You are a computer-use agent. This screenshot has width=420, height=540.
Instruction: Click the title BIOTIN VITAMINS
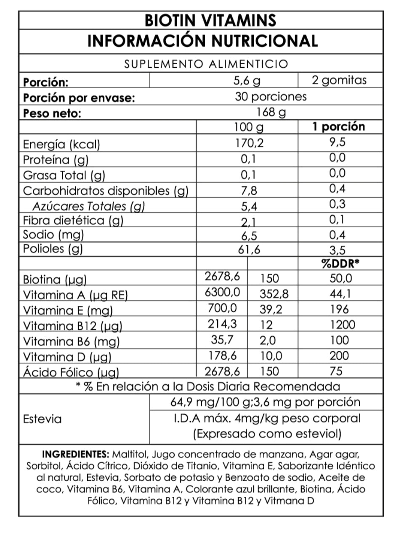coord(210,20)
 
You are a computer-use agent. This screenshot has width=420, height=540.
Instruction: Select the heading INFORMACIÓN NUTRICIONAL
coord(202,41)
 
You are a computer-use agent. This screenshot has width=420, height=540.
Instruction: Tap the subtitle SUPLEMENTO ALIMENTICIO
coord(206,64)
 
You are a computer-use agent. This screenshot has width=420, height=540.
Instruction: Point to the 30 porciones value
coord(271,97)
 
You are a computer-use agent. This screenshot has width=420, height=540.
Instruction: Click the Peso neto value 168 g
coord(271,112)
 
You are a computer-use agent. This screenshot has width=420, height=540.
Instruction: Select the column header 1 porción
coord(338,126)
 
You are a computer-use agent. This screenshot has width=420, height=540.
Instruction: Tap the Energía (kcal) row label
coord(61,145)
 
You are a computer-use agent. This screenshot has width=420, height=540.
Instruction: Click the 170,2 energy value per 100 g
coord(249,143)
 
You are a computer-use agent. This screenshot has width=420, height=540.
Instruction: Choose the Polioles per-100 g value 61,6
coord(249,250)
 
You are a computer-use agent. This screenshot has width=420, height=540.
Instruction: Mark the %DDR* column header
coord(340,264)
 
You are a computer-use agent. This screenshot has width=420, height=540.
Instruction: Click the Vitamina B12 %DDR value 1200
coord(340,324)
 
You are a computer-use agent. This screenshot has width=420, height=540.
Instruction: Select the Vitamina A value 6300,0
coord(222,292)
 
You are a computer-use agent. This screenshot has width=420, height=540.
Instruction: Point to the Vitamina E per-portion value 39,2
coord(271,309)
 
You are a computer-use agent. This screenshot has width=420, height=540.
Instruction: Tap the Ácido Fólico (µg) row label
coord(71,372)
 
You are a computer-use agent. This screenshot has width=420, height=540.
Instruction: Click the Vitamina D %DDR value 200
coord(339,356)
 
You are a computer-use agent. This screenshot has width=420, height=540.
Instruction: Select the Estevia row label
coord(42,419)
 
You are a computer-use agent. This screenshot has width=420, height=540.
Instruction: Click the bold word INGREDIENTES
coord(76,454)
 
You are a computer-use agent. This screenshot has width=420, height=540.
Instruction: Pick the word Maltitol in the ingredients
coord(130,454)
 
